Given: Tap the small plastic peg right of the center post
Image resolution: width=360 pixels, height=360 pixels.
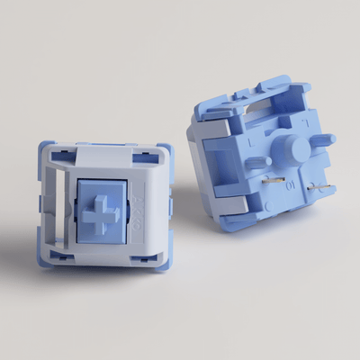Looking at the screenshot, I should coord(321,140).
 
